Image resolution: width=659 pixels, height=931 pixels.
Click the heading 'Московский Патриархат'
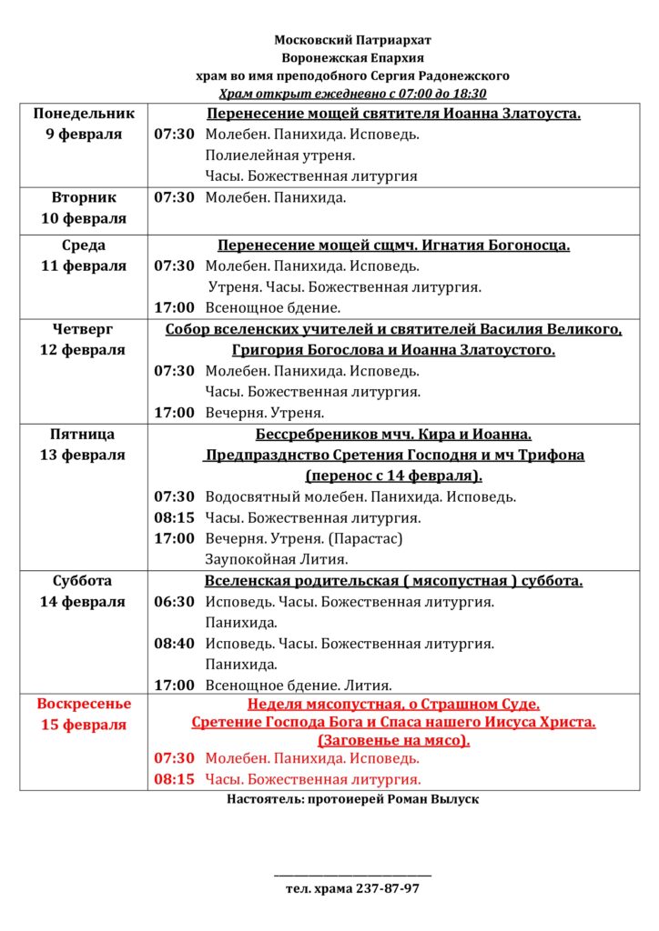353,40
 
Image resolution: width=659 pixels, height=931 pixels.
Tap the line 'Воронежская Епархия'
353,58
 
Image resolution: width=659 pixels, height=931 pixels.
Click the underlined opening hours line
353,94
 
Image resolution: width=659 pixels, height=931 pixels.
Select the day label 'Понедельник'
84,114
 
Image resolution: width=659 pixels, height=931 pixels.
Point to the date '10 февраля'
84,218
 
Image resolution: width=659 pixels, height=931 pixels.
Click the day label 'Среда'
84,245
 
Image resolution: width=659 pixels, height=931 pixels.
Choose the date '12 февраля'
84,350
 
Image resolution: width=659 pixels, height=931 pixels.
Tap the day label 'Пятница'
84,435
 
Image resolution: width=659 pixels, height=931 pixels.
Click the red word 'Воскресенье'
84,704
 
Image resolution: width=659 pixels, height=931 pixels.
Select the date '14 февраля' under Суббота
84,601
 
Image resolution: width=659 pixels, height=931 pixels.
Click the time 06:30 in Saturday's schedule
174,602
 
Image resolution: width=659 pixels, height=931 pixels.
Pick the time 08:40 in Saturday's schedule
174,644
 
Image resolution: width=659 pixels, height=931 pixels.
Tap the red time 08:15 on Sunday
174,779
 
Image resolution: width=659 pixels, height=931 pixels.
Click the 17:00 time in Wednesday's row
174,307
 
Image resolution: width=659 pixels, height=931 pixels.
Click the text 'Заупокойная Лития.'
277,559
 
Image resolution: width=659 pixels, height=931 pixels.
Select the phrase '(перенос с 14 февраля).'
393,476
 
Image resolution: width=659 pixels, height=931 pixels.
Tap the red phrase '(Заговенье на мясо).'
393,740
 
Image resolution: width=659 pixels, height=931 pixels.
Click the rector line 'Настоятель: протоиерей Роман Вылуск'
352,799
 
